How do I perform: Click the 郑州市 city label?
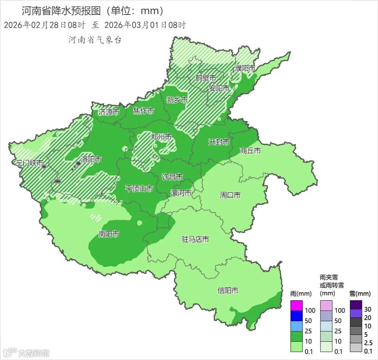click(161, 137)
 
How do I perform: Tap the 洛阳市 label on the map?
click(91, 159)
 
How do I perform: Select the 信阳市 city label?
click(228, 291)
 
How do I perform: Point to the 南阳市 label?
click(109, 234)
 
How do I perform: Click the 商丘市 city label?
click(250, 151)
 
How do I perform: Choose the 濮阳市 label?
click(245, 68)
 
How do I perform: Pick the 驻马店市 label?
click(195, 239)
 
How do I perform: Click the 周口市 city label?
click(230, 195)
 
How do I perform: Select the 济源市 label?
click(109, 112)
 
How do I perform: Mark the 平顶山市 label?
click(139, 188)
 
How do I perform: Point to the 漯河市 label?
click(181, 193)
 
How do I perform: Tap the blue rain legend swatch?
click(296, 316)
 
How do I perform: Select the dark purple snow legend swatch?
click(356, 304)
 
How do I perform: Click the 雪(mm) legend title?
click(360, 294)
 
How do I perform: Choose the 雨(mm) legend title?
click(301, 294)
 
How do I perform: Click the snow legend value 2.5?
click(368, 342)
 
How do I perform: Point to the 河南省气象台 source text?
click(95, 40)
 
